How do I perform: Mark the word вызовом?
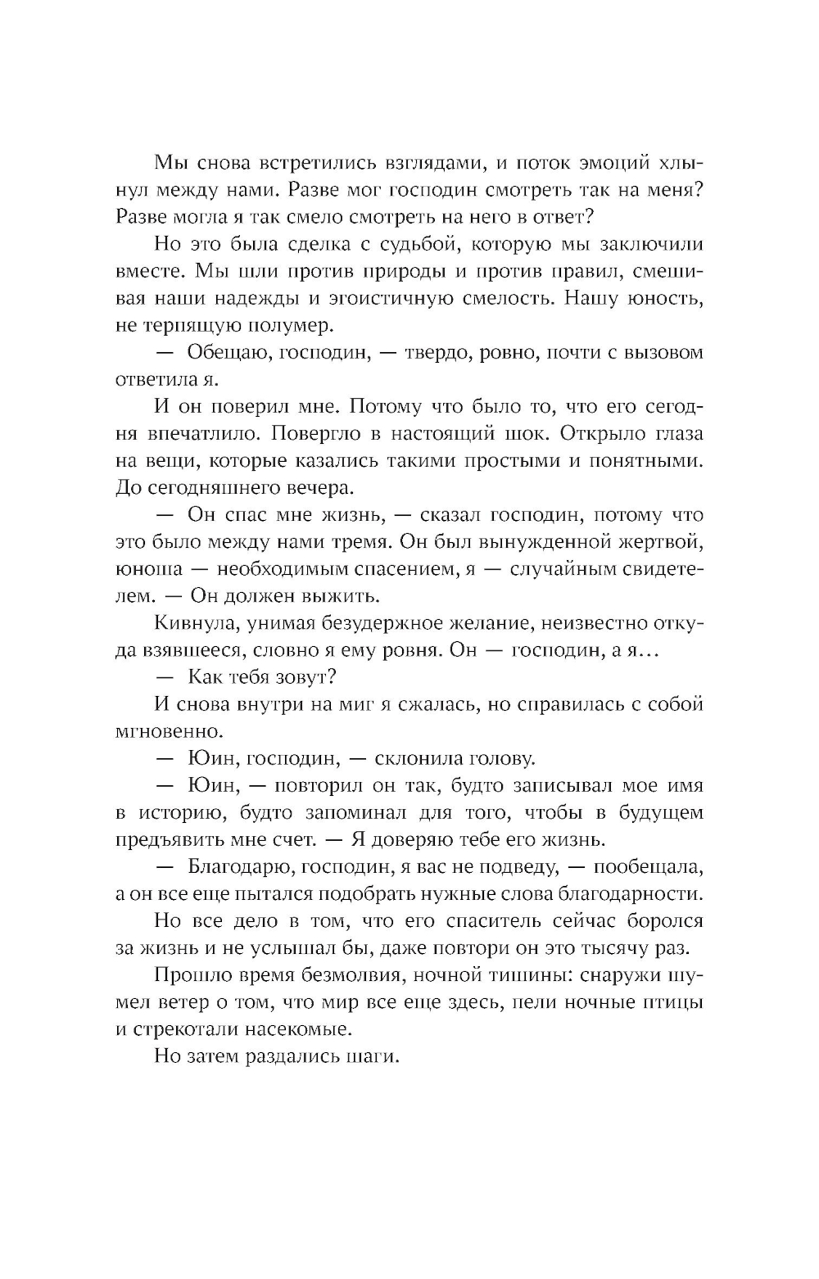[664, 353]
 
